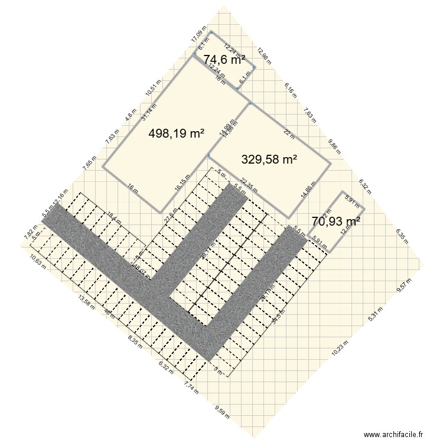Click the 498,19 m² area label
click(x=176, y=134)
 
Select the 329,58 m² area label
click(x=269, y=159)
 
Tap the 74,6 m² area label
click(x=224, y=60)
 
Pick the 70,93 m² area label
click(x=336, y=221)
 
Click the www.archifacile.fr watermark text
click(x=394, y=434)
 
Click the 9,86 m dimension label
click(x=334, y=146)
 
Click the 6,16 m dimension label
click(x=289, y=90)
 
